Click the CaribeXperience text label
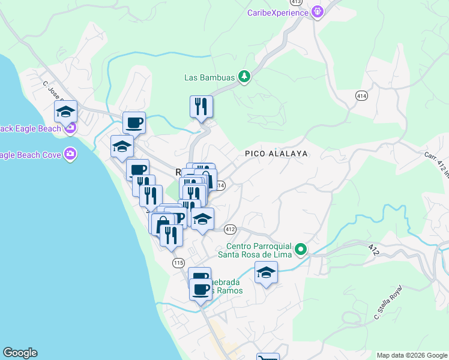[277, 13]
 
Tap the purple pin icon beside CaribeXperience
[318, 11]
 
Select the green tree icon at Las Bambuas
[244, 76]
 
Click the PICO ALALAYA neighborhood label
[276, 154]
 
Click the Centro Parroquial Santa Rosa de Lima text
[259, 250]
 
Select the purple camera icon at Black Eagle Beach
[71, 127]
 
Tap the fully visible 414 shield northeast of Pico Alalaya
[361, 95]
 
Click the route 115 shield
[178, 263]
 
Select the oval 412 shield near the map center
[231, 229]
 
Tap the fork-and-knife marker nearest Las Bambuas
[201, 107]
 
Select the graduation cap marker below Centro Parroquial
[266, 274]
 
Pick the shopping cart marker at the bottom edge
[268, 358]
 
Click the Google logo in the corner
[20, 353]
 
